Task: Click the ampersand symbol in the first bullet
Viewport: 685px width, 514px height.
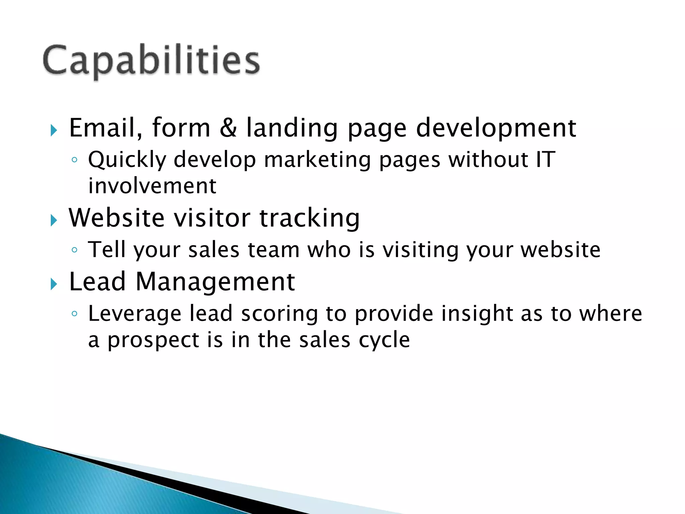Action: click(228, 128)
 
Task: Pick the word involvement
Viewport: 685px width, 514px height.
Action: click(152, 186)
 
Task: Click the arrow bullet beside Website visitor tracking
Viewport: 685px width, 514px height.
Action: click(54, 220)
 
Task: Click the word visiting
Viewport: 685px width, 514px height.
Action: click(420, 250)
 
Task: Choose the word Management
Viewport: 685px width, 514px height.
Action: click(215, 282)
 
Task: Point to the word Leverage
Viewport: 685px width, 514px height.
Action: click(134, 314)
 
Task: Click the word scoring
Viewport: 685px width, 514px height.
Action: click(279, 314)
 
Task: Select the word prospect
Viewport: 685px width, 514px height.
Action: click(153, 341)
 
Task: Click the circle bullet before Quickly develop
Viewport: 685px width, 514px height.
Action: click(75, 160)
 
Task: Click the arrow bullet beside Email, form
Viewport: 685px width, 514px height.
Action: click(54, 130)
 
